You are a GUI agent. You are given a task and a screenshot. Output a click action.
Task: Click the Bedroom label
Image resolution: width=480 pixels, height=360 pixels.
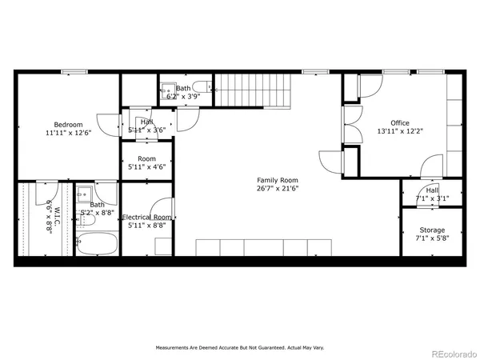click(x=67, y=124)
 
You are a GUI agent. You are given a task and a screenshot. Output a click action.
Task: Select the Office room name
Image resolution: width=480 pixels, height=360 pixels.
click(x=399, y=122)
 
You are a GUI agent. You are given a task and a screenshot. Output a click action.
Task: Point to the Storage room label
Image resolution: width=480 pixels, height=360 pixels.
click(x=432, y=230)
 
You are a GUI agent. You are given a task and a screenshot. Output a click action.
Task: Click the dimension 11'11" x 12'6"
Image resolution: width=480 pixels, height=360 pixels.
click(x=67, y=133)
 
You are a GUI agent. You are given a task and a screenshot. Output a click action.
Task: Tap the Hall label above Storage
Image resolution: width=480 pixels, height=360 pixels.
click(x=432, y=190)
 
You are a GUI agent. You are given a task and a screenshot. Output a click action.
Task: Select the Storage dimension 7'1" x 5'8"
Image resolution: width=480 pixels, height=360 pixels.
click(x=432, y=238)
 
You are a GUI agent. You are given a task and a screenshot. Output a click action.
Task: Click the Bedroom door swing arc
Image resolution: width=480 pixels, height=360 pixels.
click(x=108, y=128)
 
